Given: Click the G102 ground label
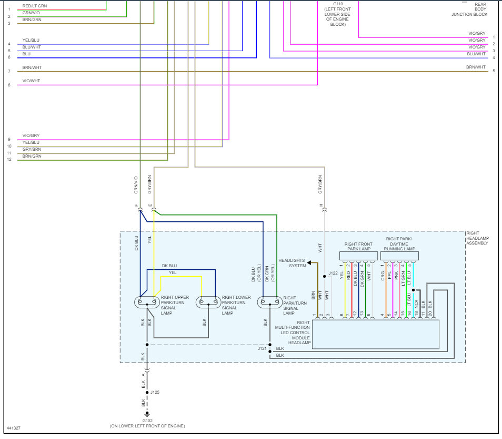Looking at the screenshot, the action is click(x=147, y=421).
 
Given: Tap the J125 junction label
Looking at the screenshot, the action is click(x=155, y=392).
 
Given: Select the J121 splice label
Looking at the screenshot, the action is click(x=262, y=348).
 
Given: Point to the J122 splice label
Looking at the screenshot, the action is click(x=333, y=273).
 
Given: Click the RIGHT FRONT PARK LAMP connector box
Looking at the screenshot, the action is click(x=358, y=256).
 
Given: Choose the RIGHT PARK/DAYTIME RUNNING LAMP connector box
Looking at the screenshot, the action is click(x=399, y=256).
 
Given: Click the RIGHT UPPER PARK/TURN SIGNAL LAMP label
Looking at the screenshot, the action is click(x=175, y=305).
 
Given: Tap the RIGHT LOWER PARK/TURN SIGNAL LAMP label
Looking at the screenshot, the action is click(x=236, y=305).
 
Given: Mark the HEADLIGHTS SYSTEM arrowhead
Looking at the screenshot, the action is click(x=309, y=262).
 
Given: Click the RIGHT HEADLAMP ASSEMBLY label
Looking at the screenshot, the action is click(x=477, y=238).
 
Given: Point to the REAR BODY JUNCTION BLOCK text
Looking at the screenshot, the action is click(x=470, y=9).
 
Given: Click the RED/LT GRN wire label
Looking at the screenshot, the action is click(x=35, y=6).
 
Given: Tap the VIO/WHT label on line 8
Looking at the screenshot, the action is click(x=31, y=81).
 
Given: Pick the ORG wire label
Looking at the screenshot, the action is click(x=383, y=276).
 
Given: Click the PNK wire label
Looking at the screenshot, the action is click(x=396, y=276).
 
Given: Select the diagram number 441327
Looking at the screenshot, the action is click(x=14, y=428).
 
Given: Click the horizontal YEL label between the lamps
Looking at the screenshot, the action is click(x=173, y=272).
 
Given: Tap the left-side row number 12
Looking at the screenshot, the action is click(x=9, y=159).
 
